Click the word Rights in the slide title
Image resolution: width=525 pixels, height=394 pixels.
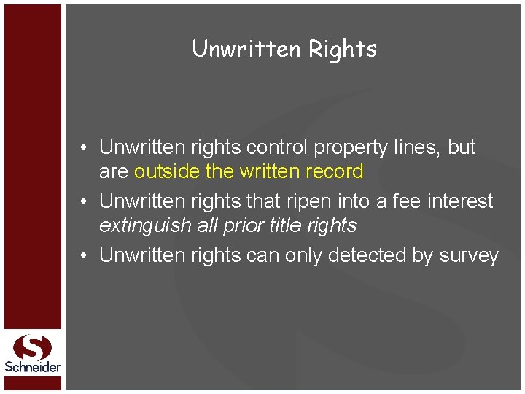343,50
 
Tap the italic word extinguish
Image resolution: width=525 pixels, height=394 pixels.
145,226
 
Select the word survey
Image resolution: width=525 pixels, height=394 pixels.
469,256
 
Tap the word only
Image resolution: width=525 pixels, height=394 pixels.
300,256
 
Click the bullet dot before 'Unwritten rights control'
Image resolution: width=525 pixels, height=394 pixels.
85,147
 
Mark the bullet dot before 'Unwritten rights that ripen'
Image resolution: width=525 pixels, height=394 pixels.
85,201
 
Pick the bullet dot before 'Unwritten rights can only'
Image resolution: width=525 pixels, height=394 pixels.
85,255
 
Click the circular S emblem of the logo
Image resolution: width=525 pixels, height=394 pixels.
32,346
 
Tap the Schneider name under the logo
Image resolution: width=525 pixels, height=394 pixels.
32,367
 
